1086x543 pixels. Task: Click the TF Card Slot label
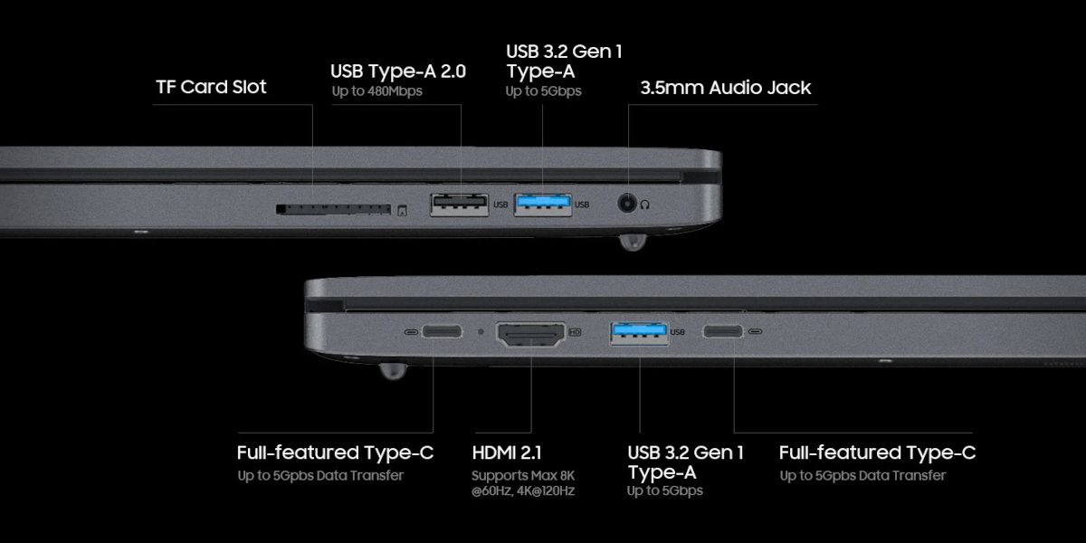coord(211,88)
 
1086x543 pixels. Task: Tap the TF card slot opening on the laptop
coord(333,210)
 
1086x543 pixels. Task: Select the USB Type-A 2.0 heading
coord(398,71)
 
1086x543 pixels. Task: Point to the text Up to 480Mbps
coord(377,90)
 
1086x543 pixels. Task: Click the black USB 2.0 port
coord(458,205)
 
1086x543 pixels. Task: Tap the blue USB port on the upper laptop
coord(543,205)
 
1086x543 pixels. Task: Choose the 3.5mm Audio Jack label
coord(725,88)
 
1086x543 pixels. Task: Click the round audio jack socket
coord(625,204)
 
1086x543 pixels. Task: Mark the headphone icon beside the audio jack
coord(645,205)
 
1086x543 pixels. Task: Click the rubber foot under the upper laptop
coord(633,242)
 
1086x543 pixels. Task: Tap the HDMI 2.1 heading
coord(507,452)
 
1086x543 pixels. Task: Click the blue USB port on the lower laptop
coord(640,333)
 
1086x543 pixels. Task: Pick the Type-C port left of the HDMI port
coord(442,332)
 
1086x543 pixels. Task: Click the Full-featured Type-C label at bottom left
coord(335,452)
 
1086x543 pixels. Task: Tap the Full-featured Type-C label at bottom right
coord(877,452)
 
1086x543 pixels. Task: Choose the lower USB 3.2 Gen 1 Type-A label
coord(685,462)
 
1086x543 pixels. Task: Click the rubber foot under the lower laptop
coord(391,370)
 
